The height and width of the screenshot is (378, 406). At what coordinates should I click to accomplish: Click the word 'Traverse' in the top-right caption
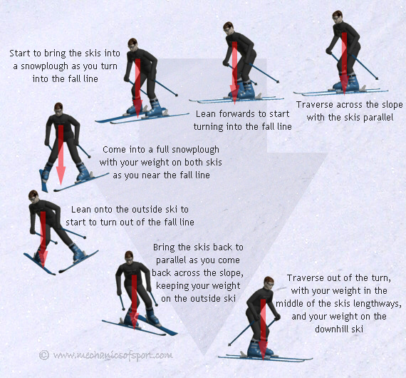click(x=316, y=104)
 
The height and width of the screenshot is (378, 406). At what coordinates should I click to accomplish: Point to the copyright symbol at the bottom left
click(x=44, y=354)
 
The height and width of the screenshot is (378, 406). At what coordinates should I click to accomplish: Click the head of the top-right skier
click(x=340, y=16)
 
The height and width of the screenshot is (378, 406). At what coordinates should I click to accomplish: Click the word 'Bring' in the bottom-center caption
click(x=166, y=247)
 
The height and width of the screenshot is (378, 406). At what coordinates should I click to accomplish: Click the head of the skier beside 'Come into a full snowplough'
click(x=58, y=108)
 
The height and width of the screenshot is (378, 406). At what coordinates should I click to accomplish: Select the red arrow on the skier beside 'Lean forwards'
click(x=233, y=68)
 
